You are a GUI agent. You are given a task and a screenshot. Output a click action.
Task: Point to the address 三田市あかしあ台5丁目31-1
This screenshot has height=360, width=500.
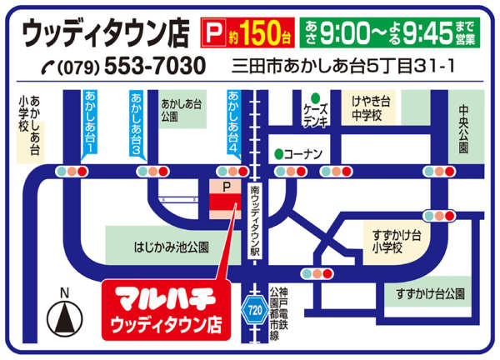pos(341,65)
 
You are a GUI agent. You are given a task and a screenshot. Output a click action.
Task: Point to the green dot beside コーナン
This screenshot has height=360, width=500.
pos(277,154)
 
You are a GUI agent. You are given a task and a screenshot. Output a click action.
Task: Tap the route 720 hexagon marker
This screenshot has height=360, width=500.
pos(254,309)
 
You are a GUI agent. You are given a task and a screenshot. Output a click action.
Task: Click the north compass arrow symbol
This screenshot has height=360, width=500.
pos(66,317)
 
